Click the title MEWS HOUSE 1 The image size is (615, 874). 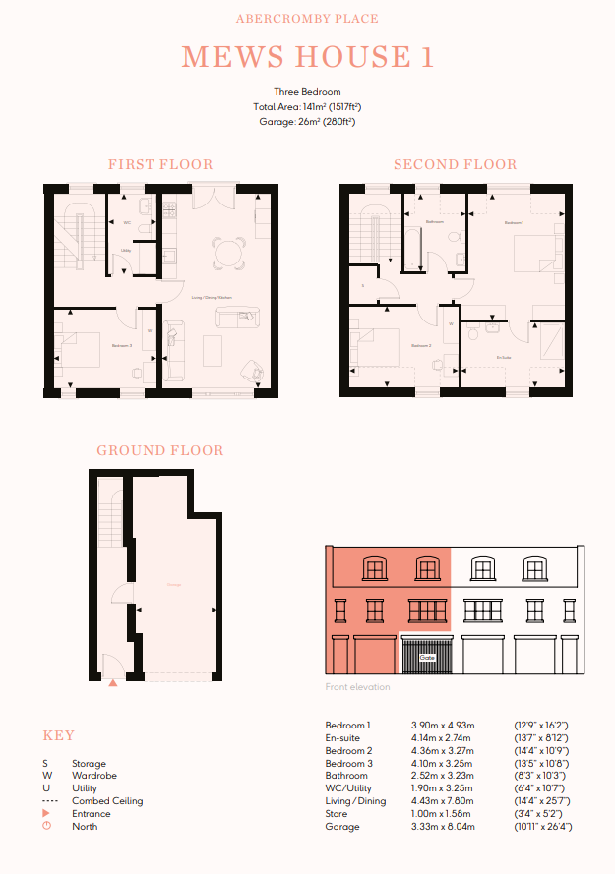307,57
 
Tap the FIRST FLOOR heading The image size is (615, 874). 160,164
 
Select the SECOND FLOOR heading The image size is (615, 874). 455,164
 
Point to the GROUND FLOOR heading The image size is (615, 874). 160,451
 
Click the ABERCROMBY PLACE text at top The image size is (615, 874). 307,19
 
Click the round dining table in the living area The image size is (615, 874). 229,252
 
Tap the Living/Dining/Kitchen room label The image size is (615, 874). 211,296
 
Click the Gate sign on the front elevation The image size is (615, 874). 427,656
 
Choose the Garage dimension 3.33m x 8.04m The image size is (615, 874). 442,827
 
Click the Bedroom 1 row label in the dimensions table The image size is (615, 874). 348,725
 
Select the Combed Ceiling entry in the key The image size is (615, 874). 107,801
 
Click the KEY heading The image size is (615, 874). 58,736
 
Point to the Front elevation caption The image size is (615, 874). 357,687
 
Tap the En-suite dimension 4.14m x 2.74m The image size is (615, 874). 441,737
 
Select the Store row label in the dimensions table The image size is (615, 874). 337,814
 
